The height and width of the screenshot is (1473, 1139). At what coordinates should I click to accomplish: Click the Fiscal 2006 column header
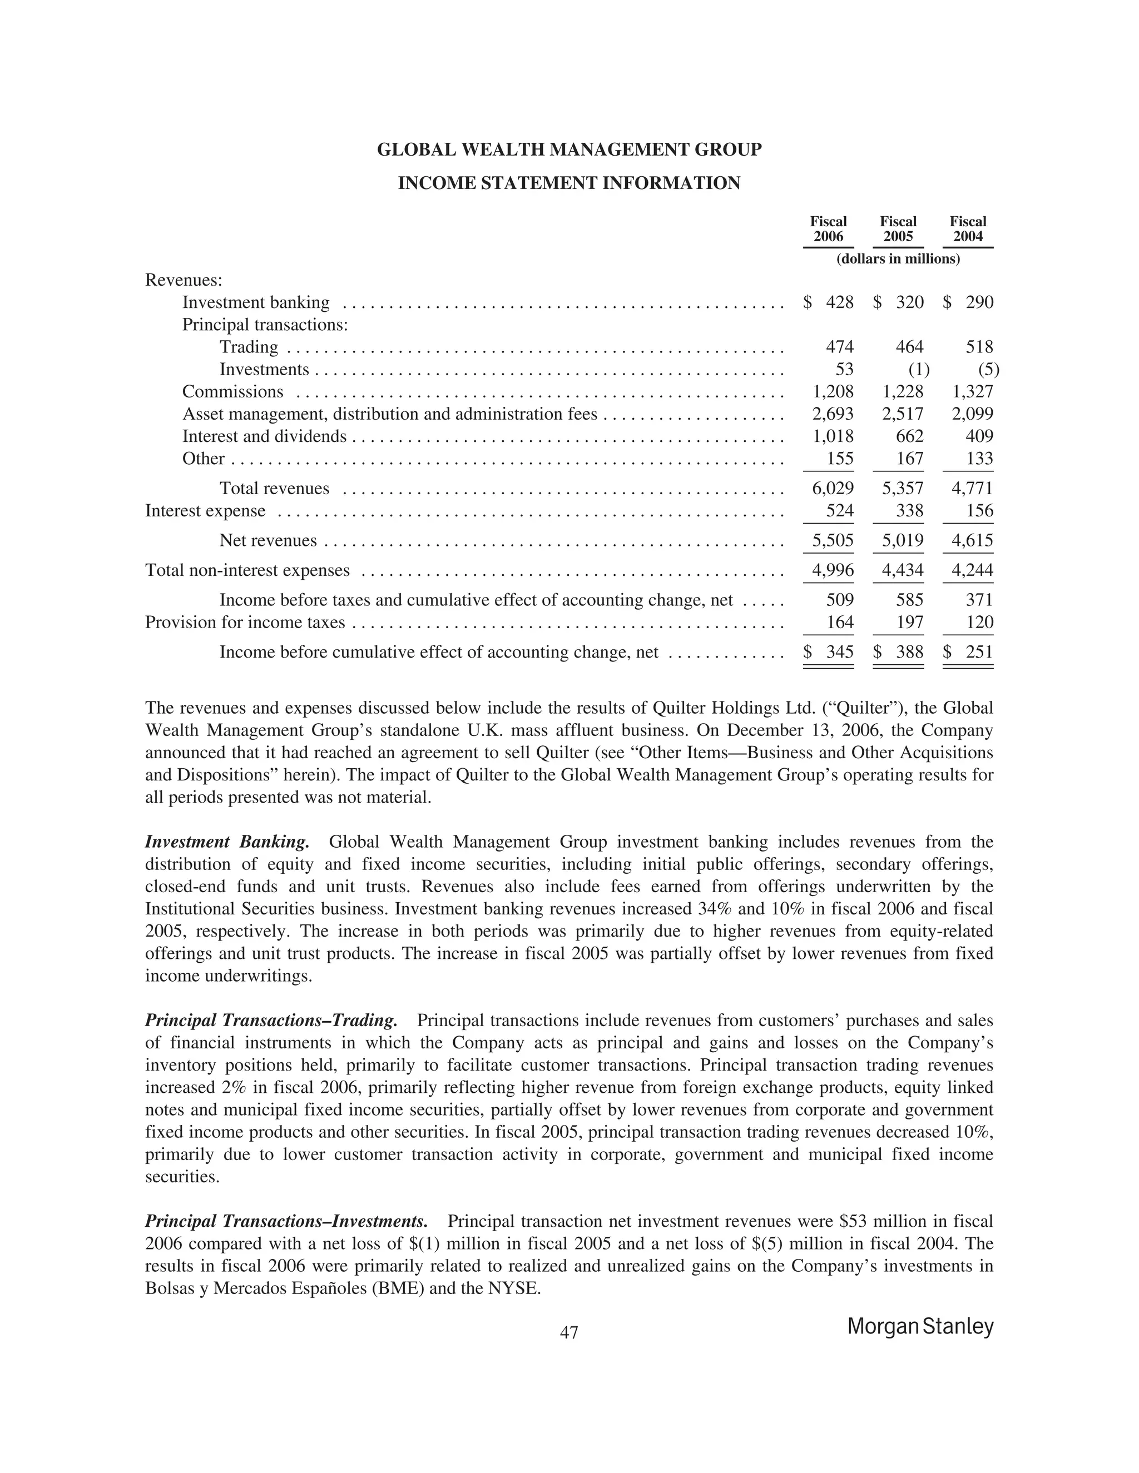(828, 228)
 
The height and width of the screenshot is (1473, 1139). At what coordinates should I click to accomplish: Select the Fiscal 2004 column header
(968, 228)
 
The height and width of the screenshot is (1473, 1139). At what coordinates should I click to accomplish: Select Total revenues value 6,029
(833, 488)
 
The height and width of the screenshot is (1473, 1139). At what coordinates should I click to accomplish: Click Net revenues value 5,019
(902, 540)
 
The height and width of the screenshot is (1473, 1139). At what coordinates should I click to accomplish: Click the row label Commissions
(233, 391)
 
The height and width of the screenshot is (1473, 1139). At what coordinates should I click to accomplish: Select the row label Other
(203, 459)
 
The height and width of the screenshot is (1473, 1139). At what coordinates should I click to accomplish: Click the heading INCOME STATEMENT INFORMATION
(569, 183)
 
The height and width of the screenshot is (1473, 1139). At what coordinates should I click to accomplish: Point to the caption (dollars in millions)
(898, 259)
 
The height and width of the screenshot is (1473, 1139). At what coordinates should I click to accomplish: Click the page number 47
(569, 1332)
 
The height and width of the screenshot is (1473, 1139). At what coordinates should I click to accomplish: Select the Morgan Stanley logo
(920, 1326)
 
